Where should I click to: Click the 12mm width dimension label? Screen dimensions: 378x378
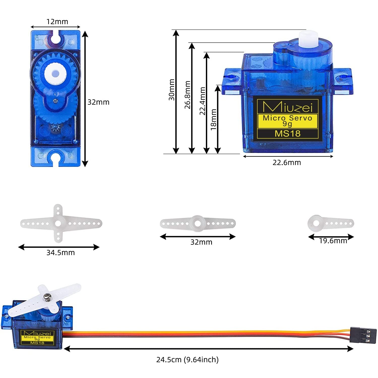coord(57,22)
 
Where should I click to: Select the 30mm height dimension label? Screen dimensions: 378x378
coord(172,90)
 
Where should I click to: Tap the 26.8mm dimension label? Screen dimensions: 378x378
coord(187,95)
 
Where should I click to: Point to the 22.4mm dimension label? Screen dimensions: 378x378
coord(202,101)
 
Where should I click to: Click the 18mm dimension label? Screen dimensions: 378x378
coord(213,119)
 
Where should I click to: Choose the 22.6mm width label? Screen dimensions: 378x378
coord(287,163)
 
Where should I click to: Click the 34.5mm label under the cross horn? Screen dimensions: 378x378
coord(60,253)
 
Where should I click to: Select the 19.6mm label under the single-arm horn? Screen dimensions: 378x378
coord(333,241)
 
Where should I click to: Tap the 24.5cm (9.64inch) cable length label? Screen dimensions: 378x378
coord(187,360)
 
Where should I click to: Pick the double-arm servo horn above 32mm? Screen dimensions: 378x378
coord(198,223)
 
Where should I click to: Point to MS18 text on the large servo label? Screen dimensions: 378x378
coord(288,133)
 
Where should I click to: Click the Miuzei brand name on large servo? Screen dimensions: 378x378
coord(288,107)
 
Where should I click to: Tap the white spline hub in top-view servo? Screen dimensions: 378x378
coord(55,74)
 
